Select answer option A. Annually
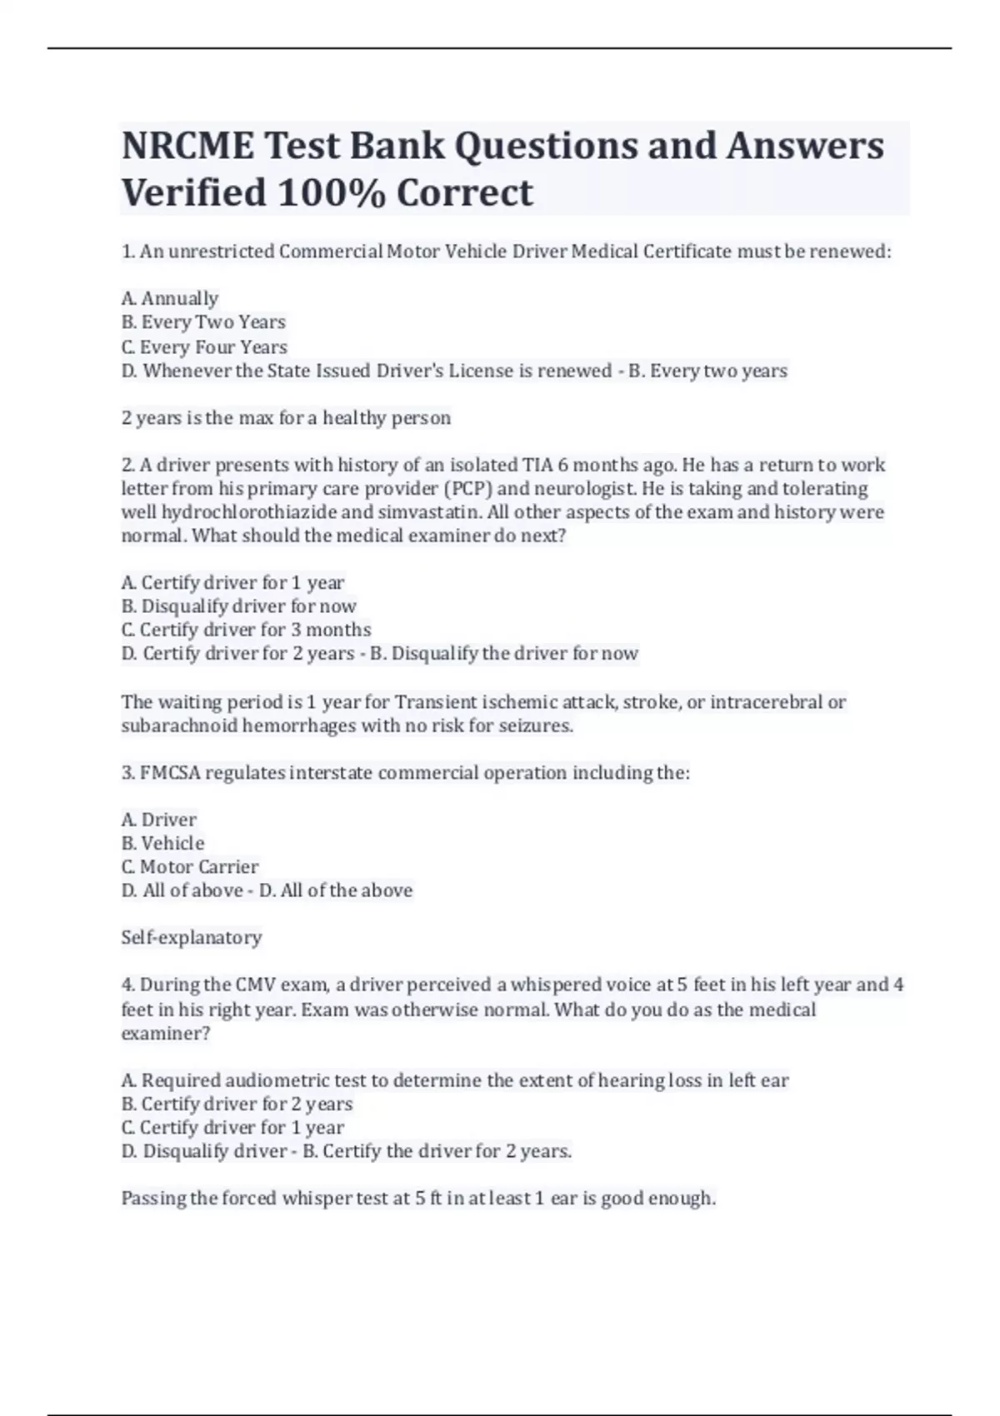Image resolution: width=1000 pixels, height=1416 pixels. coord(170,298)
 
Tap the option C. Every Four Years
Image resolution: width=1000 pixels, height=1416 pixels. coord(204,347)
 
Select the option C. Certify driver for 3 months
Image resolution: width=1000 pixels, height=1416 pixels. coord(246,630)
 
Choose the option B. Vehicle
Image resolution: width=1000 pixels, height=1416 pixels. coord(162,843)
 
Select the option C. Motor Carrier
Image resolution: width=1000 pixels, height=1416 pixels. coord(190,867)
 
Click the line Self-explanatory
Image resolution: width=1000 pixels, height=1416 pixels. coord(192,938)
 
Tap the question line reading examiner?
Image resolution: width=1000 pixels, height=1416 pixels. coord(166,1034)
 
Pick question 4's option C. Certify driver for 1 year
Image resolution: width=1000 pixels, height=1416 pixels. coord(232,1128)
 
